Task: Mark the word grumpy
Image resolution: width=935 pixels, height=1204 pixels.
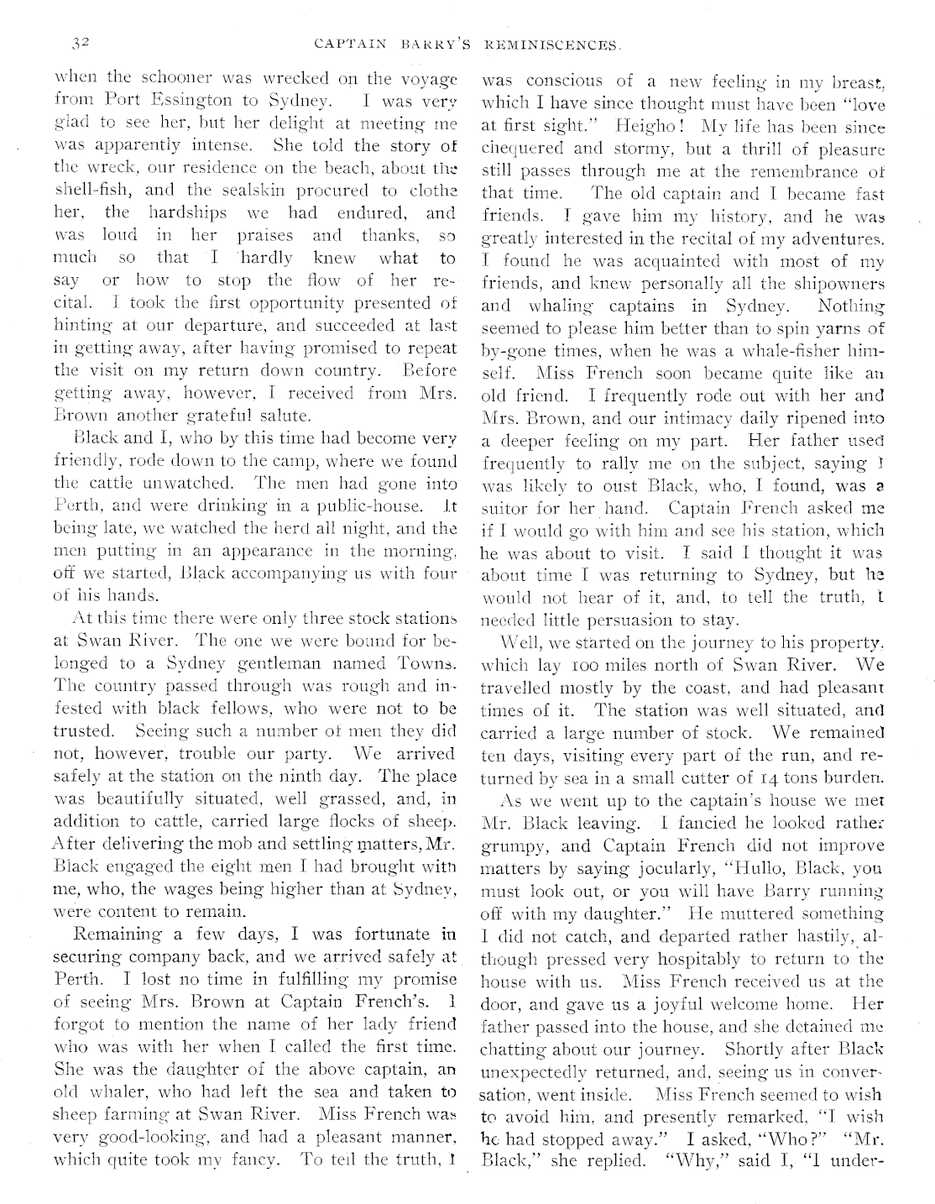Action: coord(513,845)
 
